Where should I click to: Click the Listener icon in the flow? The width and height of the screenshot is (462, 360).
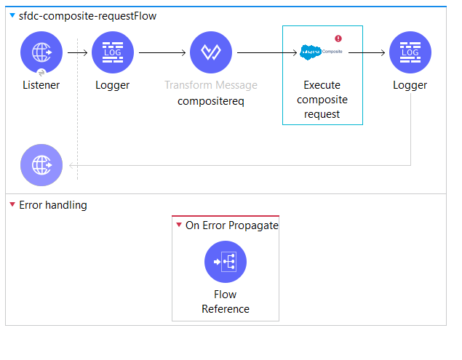41,53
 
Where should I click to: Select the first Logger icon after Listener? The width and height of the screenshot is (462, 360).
113,53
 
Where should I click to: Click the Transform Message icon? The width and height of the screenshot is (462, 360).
210,53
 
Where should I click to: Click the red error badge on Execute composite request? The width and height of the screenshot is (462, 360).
338,39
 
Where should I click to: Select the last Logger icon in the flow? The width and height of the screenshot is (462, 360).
410,53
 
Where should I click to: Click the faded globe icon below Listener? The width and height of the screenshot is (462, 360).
41,164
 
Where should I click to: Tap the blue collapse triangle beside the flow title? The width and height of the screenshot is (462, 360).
12,16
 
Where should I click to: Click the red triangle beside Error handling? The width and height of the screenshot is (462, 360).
12,205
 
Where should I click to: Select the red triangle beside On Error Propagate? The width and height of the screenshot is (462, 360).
179,225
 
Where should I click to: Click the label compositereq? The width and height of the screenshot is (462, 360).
210,101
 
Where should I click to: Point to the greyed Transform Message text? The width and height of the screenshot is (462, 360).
210,85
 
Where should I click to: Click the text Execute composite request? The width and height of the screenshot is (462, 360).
322,100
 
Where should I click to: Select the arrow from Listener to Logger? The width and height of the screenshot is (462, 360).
79,53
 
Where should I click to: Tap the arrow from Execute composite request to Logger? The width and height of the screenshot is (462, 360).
375,53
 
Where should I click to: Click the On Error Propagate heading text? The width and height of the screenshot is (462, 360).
231,225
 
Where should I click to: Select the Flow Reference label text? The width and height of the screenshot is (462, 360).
226,302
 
